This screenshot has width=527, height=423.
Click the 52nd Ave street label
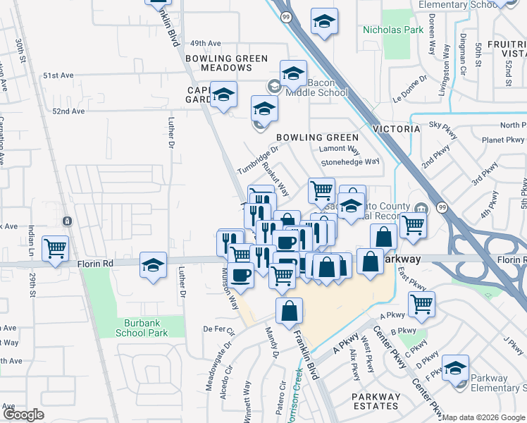[x=68, y=111]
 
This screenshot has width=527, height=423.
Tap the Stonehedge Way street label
[x=350, y=161]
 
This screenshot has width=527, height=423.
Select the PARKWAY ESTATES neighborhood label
[x=376, y=401]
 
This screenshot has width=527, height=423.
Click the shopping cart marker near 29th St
[x=55, y=248]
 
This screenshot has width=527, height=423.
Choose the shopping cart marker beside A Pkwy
[x=421, y=304]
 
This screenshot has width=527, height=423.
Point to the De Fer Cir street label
[x=218, y=329]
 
